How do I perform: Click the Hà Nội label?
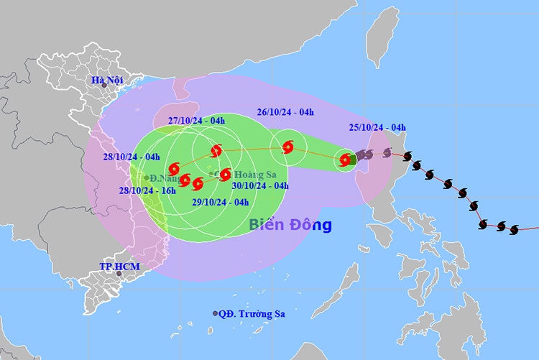click(x=104, y=79)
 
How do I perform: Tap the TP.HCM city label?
click(x=119, y=267)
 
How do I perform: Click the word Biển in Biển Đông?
click(x=268, y=225)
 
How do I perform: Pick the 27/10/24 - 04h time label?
click(x=196, y=121)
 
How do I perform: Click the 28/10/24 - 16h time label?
click(x=147, y=190)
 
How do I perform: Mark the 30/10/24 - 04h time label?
click(x=260, y=185)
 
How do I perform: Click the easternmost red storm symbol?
click(x=346, y=160)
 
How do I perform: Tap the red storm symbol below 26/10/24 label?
click(x=288, y=147)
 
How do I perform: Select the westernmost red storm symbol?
click(x=173, y=169)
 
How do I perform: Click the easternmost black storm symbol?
click(x=514, y=230)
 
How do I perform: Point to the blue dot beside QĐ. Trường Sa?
click(x=215, y=313)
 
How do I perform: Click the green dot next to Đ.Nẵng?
click(x=146, y=177)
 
